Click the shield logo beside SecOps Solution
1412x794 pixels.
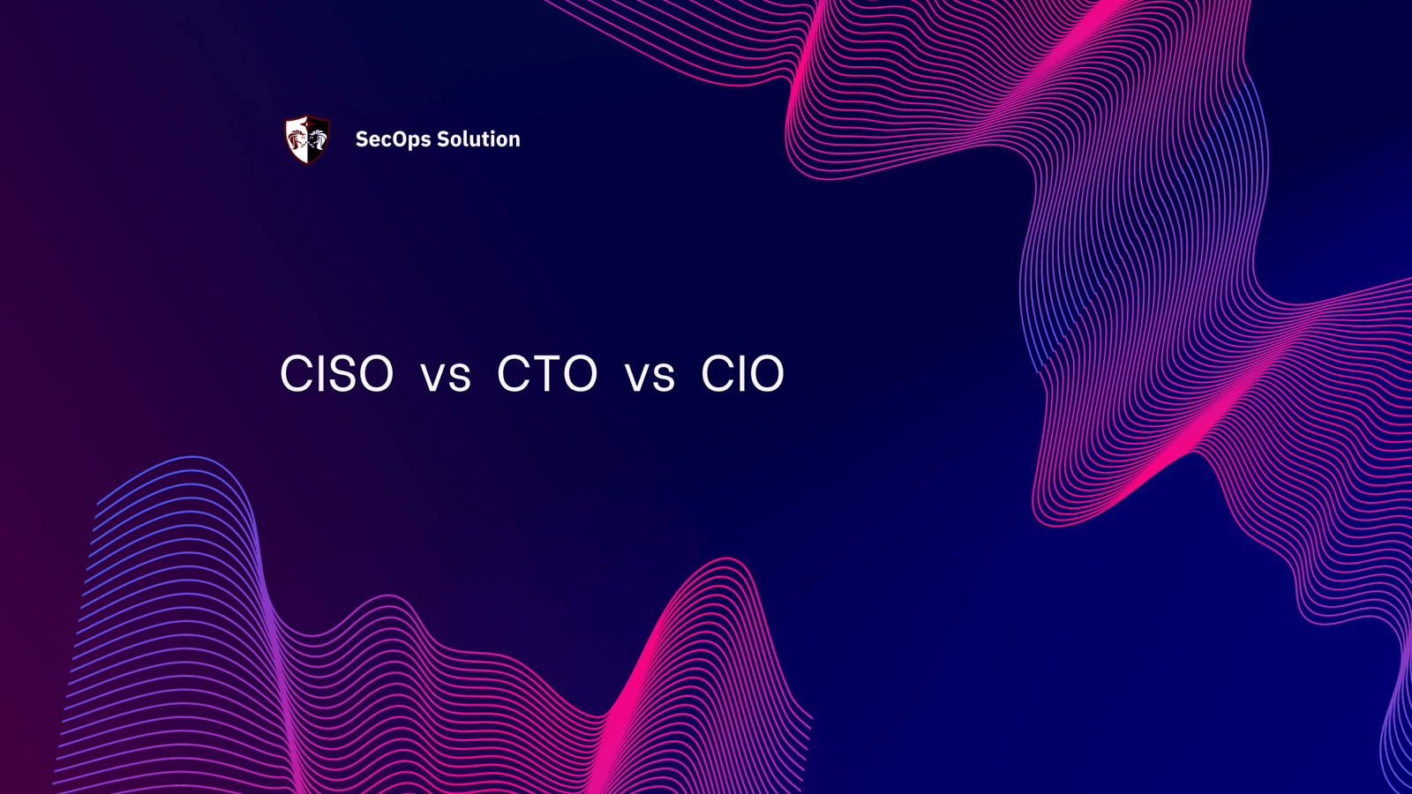tap(307, 139)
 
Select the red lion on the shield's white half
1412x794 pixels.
tap(297, 139)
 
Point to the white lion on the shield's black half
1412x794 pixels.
tap(318, 139)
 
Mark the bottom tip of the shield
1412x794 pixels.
tap(307, 163)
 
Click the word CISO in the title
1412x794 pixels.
tap(336, 374)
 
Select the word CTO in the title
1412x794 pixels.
tap(547, 374)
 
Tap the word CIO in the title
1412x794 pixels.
tap(742, 374)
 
